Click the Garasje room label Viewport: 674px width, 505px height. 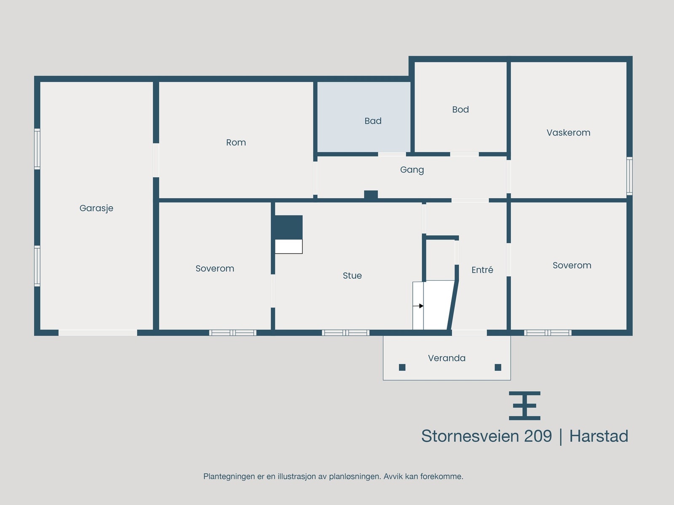pyautogui.click(x=96, y=208)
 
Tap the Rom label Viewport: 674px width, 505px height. pyautogui.click(x=236, y=143)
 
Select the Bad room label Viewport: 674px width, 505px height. pyautogui.click(x=373, y=121)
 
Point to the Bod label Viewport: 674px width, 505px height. pyautogui.click(x=460, y=110)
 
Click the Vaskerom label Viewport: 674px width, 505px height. pyautogui.click(x=568, y=133)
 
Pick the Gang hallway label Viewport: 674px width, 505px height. pyautogui.click(x=412, y=170)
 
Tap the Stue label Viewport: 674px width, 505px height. pyautogui.click(x=352, y=276)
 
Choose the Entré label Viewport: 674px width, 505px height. pyautogui.click(x=482, y=270)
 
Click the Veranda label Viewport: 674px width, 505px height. pyautogui.click(x=447, y=358)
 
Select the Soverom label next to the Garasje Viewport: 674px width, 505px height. pyautogui.click(x=215, y=268)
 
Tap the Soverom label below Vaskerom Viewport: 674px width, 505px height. pyautogui.click(x=572, y=266)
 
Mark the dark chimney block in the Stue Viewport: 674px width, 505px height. pyautogui.click(x=289, y=227)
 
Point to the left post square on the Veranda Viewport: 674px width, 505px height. pyautogui.click(x=402, y=367)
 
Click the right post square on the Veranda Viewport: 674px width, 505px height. pyautogui.click(x=498, y=367)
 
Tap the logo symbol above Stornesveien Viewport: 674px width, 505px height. pyautogui.click(x=524, y=406)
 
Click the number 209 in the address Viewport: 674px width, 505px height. pyautogui.click(x=538, y=436)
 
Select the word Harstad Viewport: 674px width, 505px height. pyautogui.click(x=599, y=436)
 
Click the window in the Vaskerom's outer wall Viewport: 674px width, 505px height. pyautogui.click(x=629, y=176)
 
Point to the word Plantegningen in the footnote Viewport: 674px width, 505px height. pyautogui.click(x=229, y=477)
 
